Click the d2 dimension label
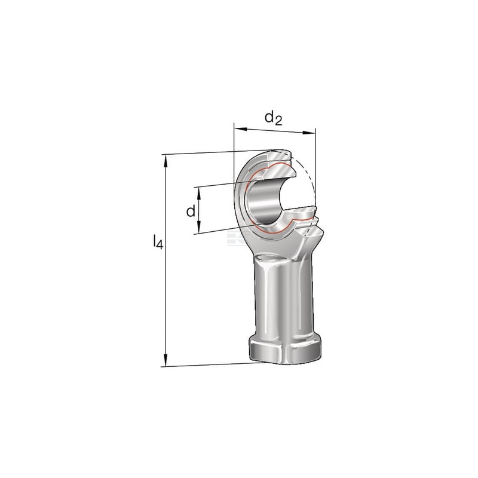[274, 118]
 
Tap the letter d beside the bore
[191, 211]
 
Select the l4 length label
[158, 241]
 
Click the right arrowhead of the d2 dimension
[309, 133]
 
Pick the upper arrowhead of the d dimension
[198, 192]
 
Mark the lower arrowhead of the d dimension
[198, 227]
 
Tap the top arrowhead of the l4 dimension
[166, 161]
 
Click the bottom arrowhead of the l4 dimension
[166, 360]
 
